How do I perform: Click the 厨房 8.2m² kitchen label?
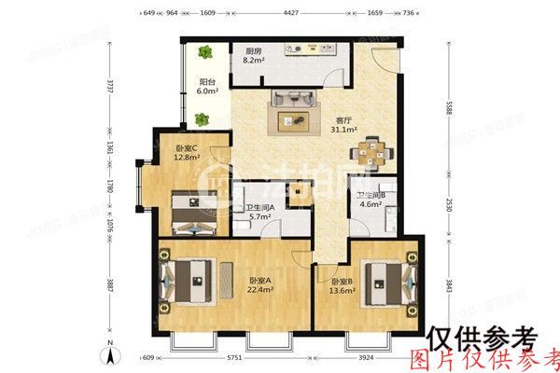pyautogui.click(x=253, y=55)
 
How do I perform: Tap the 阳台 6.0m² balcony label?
pyautogui.click(x=207, y=86)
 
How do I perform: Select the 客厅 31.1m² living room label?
pyautogui.click(x=345, y=124)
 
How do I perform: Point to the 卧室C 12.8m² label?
pyautogui.click(x=189, y=153)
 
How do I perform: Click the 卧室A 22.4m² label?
pyautogui.click(x=260, y=285)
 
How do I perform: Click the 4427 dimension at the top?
pyautogui.click(x=292, y=13)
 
